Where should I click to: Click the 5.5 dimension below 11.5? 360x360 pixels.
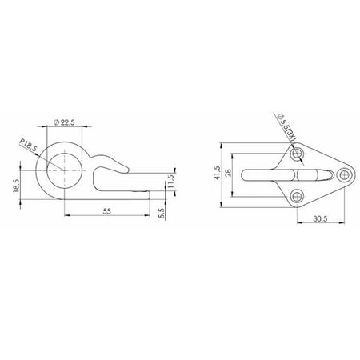coord(162,213)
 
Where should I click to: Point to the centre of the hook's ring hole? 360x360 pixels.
coord(65,170)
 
